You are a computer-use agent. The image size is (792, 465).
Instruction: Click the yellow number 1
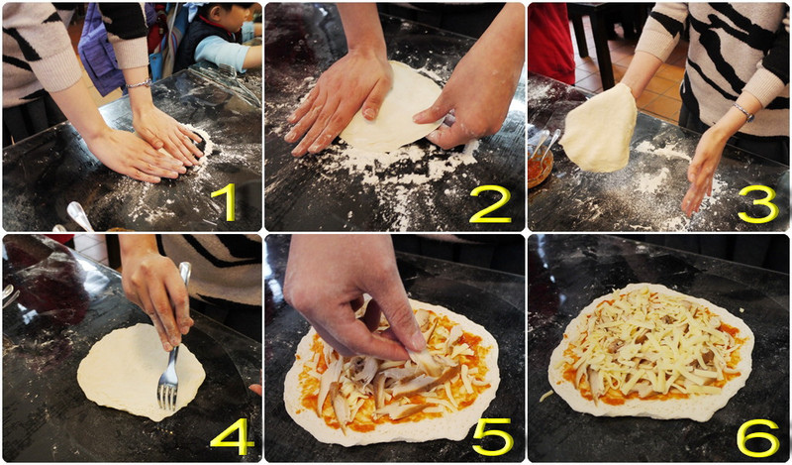point(229,202)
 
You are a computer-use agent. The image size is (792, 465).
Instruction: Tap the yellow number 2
point(490,204)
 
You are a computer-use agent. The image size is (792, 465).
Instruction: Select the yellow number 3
point(757,204)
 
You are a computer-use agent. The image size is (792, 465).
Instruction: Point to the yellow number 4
point(232,436)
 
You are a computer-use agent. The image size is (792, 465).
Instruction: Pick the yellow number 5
point(492,436)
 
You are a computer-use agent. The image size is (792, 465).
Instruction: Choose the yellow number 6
point(757,437)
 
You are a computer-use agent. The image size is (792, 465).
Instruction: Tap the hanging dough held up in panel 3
point(600,129)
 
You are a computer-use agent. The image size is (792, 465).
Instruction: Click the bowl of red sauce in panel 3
point(541,166)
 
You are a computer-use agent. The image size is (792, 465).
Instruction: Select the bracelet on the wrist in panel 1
point(139,83)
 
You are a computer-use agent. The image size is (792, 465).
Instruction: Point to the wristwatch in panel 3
point(743,112)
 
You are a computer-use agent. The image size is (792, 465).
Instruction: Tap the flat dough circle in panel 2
point(389,109)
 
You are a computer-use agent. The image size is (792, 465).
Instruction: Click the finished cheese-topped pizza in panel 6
point(650,351)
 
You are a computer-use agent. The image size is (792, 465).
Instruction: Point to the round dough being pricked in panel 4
point(141,373)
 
